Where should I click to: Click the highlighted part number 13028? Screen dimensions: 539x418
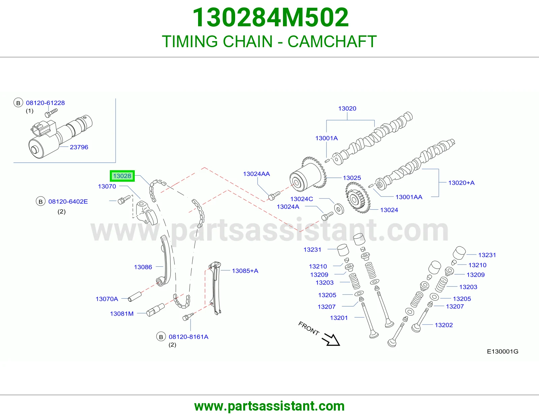pos(122,176)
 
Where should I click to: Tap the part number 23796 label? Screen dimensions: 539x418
pos(79,147)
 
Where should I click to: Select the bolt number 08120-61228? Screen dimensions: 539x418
pos(45,103)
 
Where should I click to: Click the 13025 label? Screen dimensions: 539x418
pos(352,178)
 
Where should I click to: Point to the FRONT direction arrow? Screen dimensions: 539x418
pos(331,339)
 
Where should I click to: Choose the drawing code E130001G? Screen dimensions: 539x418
pos(503,352)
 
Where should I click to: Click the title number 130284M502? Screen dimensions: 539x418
pos(271,17)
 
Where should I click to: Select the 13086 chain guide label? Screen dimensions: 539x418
pos(143,267)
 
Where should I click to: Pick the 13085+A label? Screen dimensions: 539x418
pos(245,271)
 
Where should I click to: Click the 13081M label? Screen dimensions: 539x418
pos(122,314)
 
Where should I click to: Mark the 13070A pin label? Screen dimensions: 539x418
pos(107,299)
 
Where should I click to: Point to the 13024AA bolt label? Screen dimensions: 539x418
pos(256,174)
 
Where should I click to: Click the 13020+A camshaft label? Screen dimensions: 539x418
pos(462,183)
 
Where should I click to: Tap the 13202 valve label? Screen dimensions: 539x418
pos(444,325)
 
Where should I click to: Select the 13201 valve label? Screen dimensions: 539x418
pos(339,318)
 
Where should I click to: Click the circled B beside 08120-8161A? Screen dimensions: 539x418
pos(161,337)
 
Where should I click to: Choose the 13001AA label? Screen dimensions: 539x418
pos(409,197)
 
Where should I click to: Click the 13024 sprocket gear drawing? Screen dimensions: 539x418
pos(358,198)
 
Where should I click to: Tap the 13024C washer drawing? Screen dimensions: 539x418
pos(339,209)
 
